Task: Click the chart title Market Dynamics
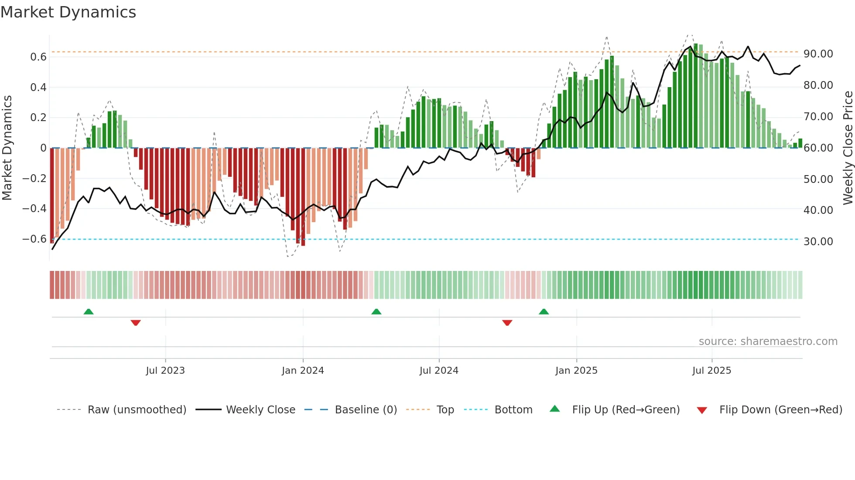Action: coord(68,12)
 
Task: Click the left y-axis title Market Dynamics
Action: coord(7,148)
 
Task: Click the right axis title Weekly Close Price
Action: coord(848,148)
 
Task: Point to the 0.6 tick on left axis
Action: coord(38,57)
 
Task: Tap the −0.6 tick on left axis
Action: coord(34,239)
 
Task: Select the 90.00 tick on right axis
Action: coord(818,54)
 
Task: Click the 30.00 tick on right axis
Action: coord(818,242)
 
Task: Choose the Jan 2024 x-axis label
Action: coord(303,371)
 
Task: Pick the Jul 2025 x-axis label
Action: coord(711,371)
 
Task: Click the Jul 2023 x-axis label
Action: coord(165,371)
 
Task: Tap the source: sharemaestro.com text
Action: coord(768,341)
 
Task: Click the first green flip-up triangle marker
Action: coord(89,311)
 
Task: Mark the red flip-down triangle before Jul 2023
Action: coord(136,323)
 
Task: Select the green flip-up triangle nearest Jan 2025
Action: coord(544,311)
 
